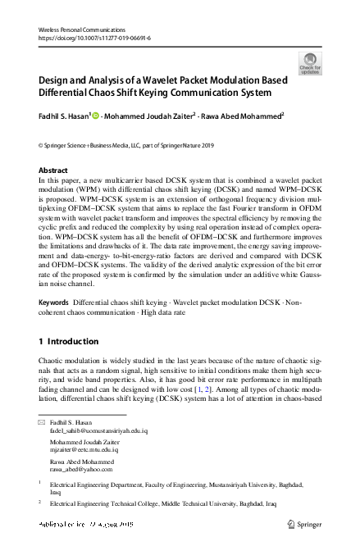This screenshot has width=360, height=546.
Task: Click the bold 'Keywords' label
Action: coord(54,303)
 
